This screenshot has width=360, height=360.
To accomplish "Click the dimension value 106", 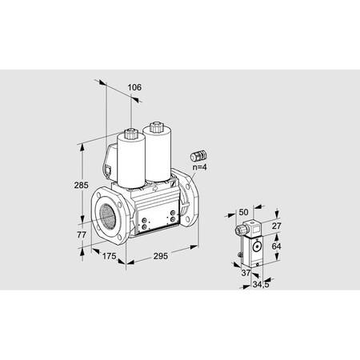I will (x=134, y=87).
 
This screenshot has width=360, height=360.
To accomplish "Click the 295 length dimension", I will (x=159, y=257).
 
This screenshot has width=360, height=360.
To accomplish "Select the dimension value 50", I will (x=244, y=212).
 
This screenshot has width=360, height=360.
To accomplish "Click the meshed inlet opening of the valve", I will (x=106, y=214).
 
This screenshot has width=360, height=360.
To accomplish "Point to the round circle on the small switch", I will (x=257, y=246).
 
